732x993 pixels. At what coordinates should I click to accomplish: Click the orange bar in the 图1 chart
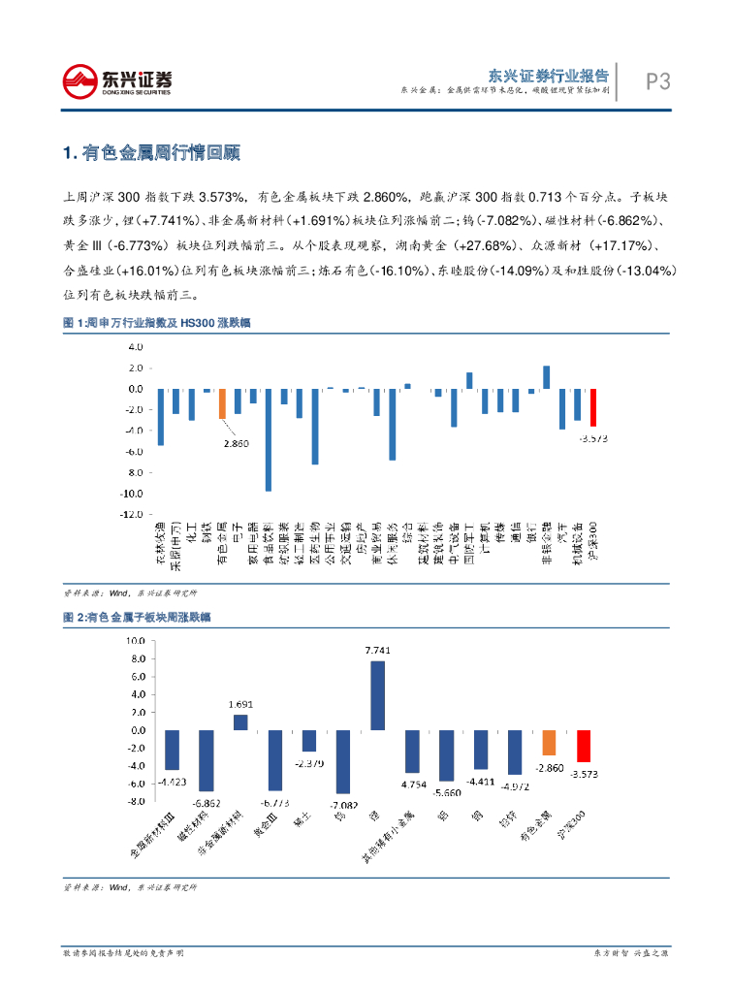(222, 403)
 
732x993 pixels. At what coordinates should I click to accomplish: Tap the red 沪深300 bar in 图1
(593, 407)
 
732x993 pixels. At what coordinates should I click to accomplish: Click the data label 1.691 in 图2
(240, 705)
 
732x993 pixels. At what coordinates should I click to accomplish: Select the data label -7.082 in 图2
(343, 805)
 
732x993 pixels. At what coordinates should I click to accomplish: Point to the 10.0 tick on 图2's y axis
(133, 641)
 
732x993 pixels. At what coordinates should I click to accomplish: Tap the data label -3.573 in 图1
(593, 438)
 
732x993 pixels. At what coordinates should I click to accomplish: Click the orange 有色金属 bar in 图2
(549, 742)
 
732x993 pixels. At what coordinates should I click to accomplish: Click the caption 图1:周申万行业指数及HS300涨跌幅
(156, 322)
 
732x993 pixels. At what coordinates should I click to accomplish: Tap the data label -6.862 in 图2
(206, 803)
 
